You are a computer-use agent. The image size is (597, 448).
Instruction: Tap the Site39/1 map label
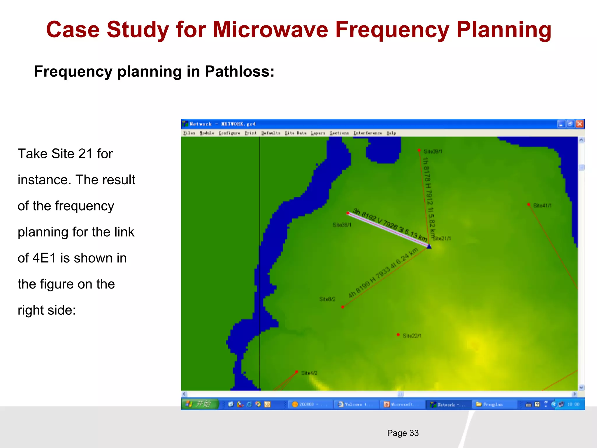(x=433, y=151)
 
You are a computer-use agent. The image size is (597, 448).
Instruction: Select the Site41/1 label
(x=542, y=206)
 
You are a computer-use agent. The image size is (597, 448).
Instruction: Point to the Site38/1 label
(x=342, y=225)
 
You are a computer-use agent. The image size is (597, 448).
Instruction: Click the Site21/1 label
(x=442, y=239)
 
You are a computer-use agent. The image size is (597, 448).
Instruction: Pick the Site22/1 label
(x=412, y=336)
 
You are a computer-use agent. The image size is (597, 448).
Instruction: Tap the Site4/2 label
(x=309, y=373)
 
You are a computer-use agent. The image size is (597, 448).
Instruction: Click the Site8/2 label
(x=327, y=299)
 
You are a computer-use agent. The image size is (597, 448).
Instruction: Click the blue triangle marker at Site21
(x=429, y=247)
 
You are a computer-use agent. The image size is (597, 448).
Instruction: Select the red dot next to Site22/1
(x=398, y=335)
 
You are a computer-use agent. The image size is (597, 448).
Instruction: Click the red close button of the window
(x=580, y=124)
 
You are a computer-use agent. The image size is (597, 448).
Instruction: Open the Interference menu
(x=368, y=133)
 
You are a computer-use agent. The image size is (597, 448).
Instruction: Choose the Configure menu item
(x=229, y=133)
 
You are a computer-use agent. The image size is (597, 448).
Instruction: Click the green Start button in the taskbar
(x=200, y=404)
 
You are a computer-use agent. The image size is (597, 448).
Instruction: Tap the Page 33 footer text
(x=403, y=433)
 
